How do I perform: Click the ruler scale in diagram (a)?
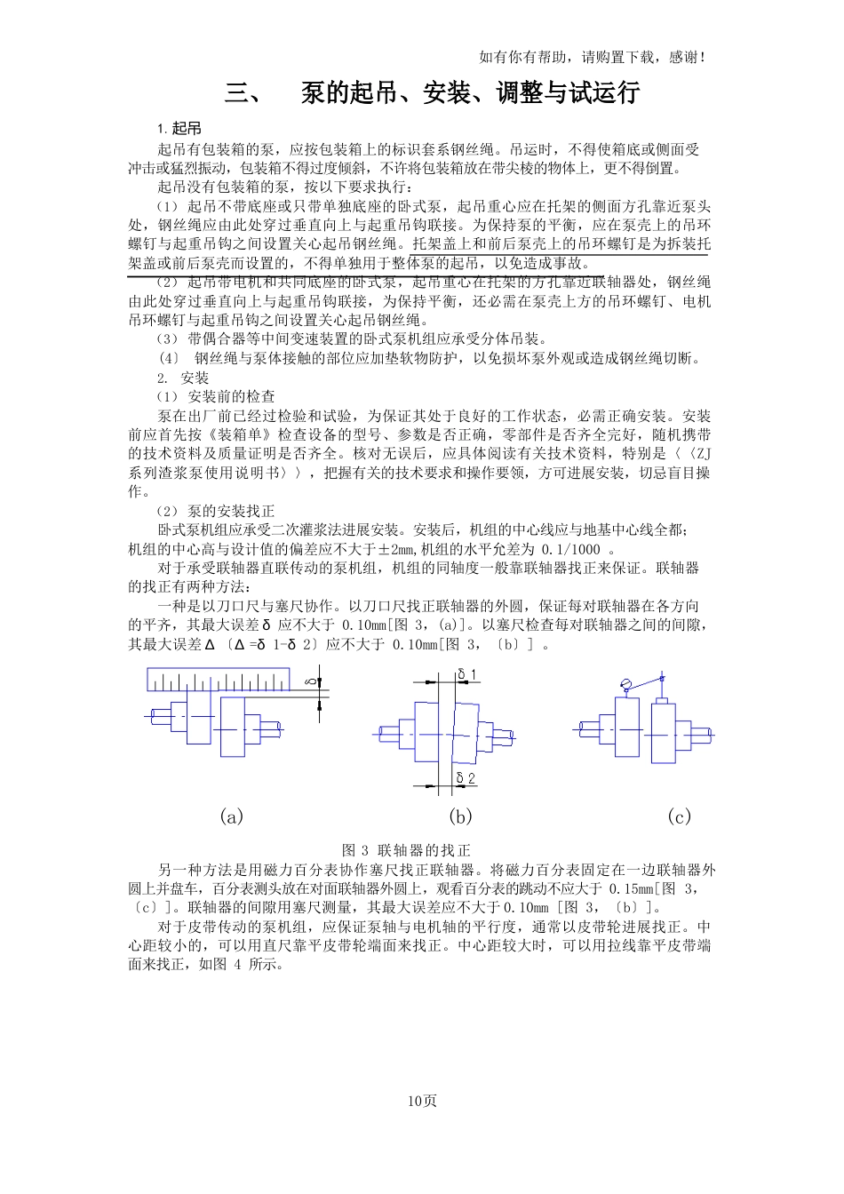coord(230,680)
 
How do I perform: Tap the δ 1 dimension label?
coord(466,674)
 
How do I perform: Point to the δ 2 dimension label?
coord(466,778)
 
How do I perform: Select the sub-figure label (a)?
coord(231,816)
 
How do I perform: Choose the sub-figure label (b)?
coord(460,816)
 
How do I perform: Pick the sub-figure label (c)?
coord(679,816)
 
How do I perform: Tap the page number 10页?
coord(422,1101)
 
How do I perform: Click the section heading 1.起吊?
coord(179,129)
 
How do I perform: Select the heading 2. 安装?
coord(182,378)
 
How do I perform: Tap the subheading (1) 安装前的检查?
coord(216,396)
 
